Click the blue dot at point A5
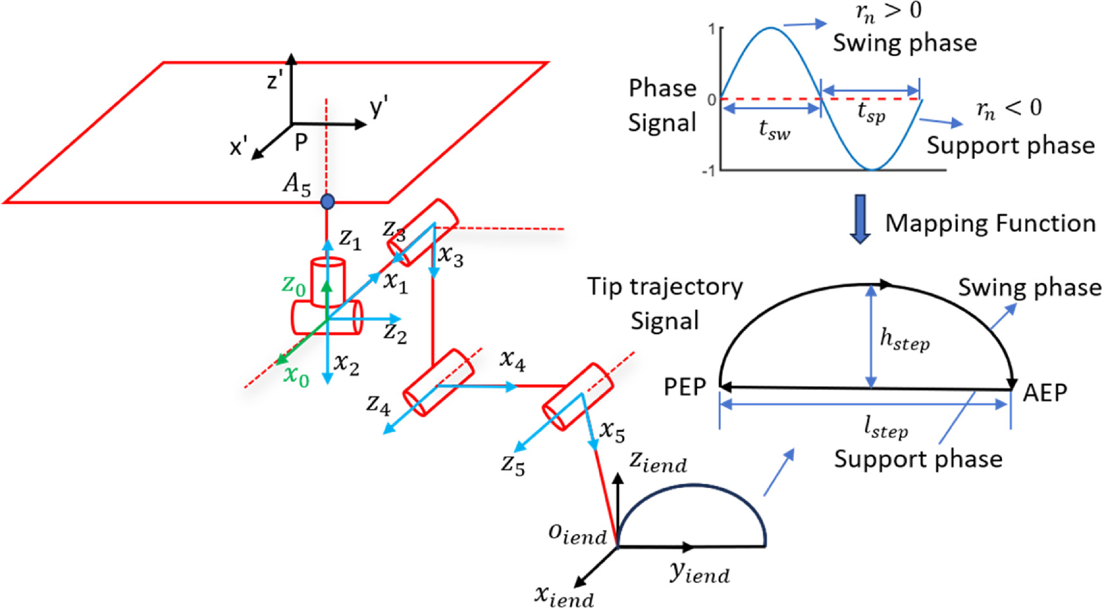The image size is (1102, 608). (327, 202)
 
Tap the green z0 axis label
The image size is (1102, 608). (293, 285)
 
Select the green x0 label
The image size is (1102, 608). (296, 375)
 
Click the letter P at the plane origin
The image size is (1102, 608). (301, 142)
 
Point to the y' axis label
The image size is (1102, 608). (379, 106)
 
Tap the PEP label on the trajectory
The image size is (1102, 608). (685, 387)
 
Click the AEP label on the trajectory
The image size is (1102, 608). (1045, 392)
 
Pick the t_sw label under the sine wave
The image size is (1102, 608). (774, 131)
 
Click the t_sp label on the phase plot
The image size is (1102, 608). (871, 113)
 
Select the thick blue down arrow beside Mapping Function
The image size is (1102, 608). (860, 219)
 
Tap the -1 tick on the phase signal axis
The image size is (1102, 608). (708, 171)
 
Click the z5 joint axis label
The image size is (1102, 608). (513, 464)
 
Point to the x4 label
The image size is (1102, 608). (513, 361)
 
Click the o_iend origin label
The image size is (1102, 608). (577, 535)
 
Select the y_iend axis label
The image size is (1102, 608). (699, 572)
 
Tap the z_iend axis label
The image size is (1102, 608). (658, 462)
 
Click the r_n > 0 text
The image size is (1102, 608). (888, 12)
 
